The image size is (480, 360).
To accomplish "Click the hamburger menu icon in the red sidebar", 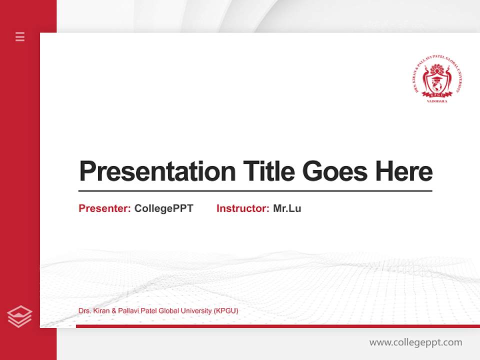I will (20, 36).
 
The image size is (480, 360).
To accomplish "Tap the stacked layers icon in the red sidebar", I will (19, 316).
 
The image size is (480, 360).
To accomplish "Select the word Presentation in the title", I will (157, 171).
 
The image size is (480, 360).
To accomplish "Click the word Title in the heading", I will (268, 171).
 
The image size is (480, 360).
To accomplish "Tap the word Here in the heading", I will (403, 171).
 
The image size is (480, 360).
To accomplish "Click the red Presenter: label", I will (104, 208).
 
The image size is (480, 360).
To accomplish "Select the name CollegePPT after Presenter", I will (163, 208).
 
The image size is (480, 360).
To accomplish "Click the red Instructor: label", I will (242, 208).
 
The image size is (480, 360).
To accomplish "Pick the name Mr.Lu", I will (287, 208).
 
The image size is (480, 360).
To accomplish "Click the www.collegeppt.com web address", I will (415, 342).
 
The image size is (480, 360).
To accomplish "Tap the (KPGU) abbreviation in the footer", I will (225, 311).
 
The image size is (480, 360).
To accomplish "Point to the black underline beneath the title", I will (255, 190).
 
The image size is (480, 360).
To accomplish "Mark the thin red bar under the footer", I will (277, 326).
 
